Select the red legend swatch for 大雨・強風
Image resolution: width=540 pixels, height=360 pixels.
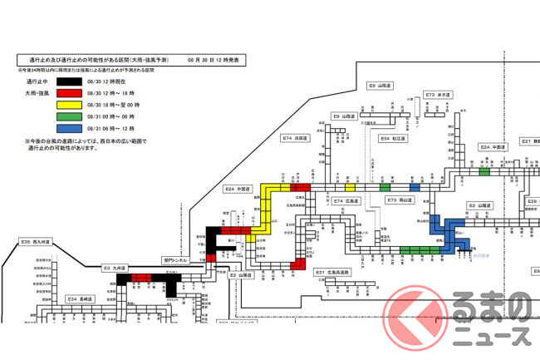tap(66, 95)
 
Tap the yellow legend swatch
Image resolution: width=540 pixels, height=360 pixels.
tap(66, 106)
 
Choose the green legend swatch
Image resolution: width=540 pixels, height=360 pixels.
tap(66, 118)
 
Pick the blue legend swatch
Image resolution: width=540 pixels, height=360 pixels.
tap(66, 130)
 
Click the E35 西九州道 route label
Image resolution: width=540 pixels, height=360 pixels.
tap(36, 242)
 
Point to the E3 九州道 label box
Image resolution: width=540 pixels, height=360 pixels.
tap(113, 268)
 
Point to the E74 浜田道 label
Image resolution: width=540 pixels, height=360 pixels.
tap(295, 138)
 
